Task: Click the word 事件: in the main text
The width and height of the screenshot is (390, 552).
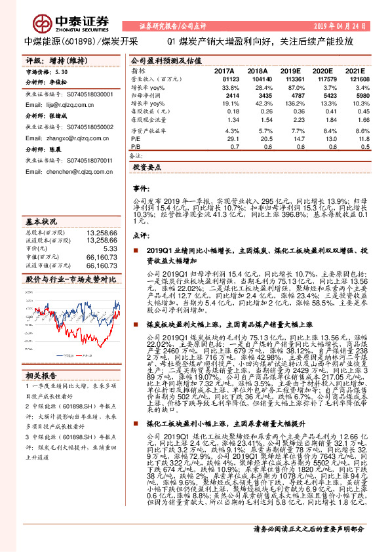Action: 142,188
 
